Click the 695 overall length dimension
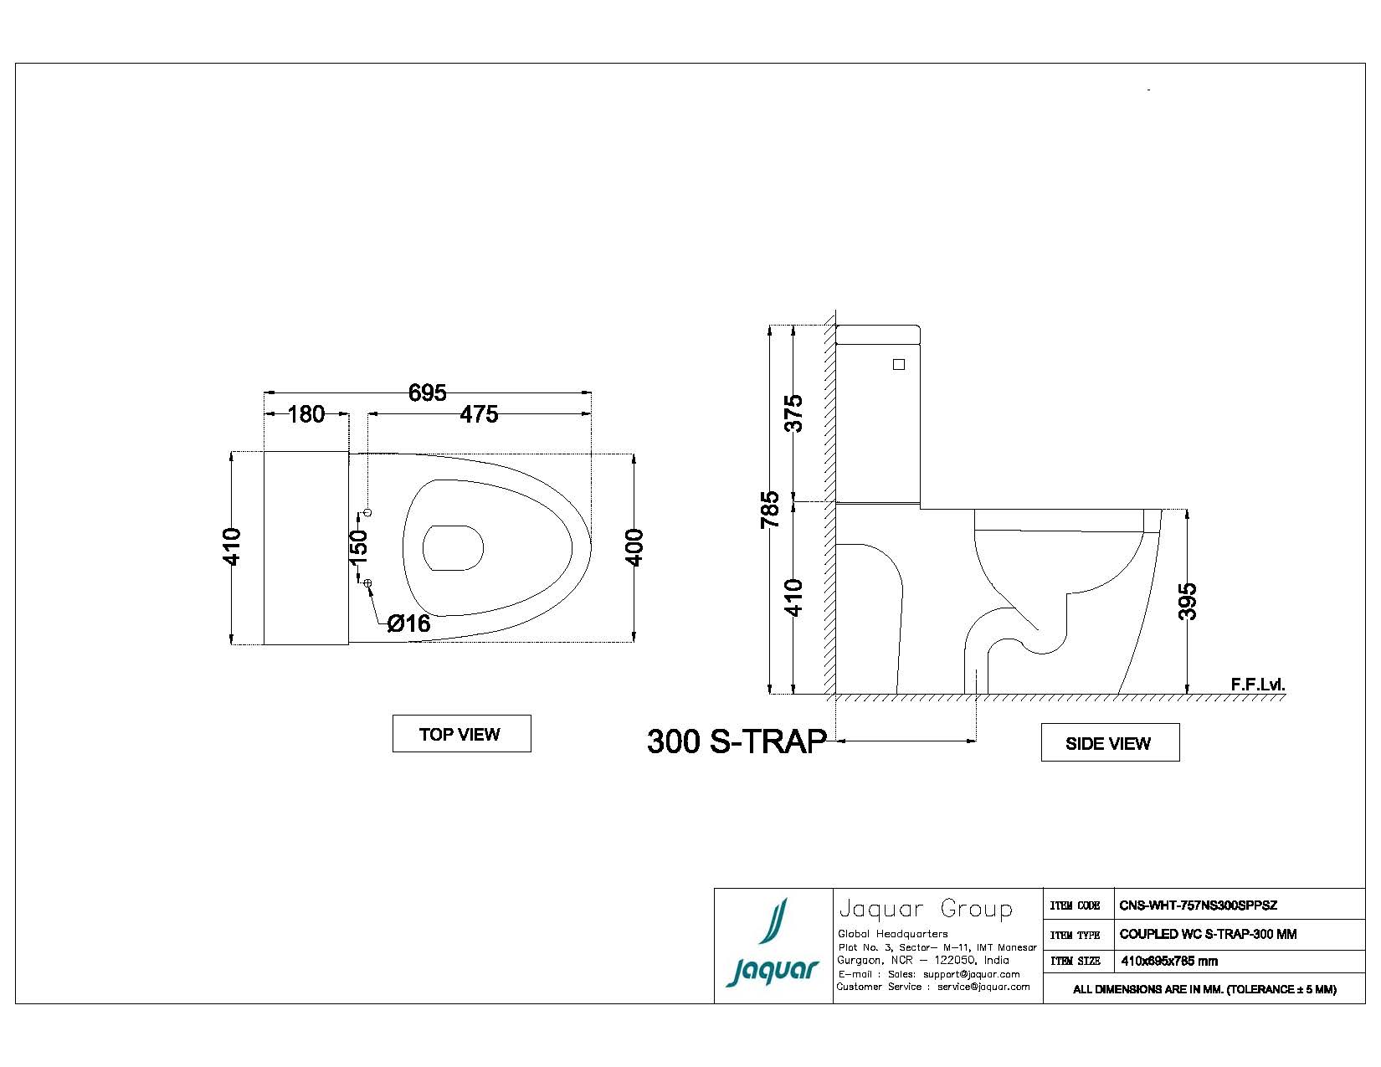[427, 392]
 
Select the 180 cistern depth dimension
[305, 414]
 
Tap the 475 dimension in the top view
[479, 414]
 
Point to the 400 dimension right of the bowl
[634, 547]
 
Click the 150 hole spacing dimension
[357, 545]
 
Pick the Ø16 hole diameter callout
[408, 623]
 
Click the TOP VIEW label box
[461, 734]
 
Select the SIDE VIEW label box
[1109, 743]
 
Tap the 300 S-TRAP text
[737, 741]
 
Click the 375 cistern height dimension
[793, 413]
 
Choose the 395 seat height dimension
[1188, 601]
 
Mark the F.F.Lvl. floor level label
[1257, 685]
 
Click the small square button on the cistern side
[899, 364]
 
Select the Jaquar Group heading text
[925, 909]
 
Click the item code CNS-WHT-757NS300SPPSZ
[1198, 905]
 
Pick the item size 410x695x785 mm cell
[1169, 962]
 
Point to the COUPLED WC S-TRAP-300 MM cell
[1208, 934]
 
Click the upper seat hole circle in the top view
[367, 512]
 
